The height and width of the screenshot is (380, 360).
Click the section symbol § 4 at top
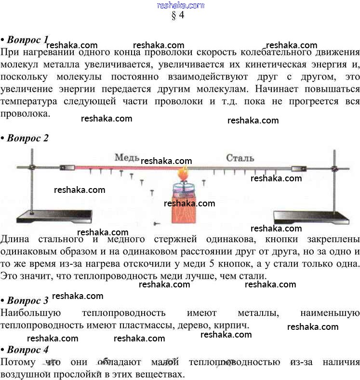click(178, 15)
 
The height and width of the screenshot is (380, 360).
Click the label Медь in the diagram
click(127, 158)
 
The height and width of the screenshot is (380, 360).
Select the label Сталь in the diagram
click(240, 158)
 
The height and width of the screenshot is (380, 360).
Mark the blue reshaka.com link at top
click(180, 5)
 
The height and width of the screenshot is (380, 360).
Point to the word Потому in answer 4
click(17, 362)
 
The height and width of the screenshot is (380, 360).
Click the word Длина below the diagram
click(15, 240)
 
